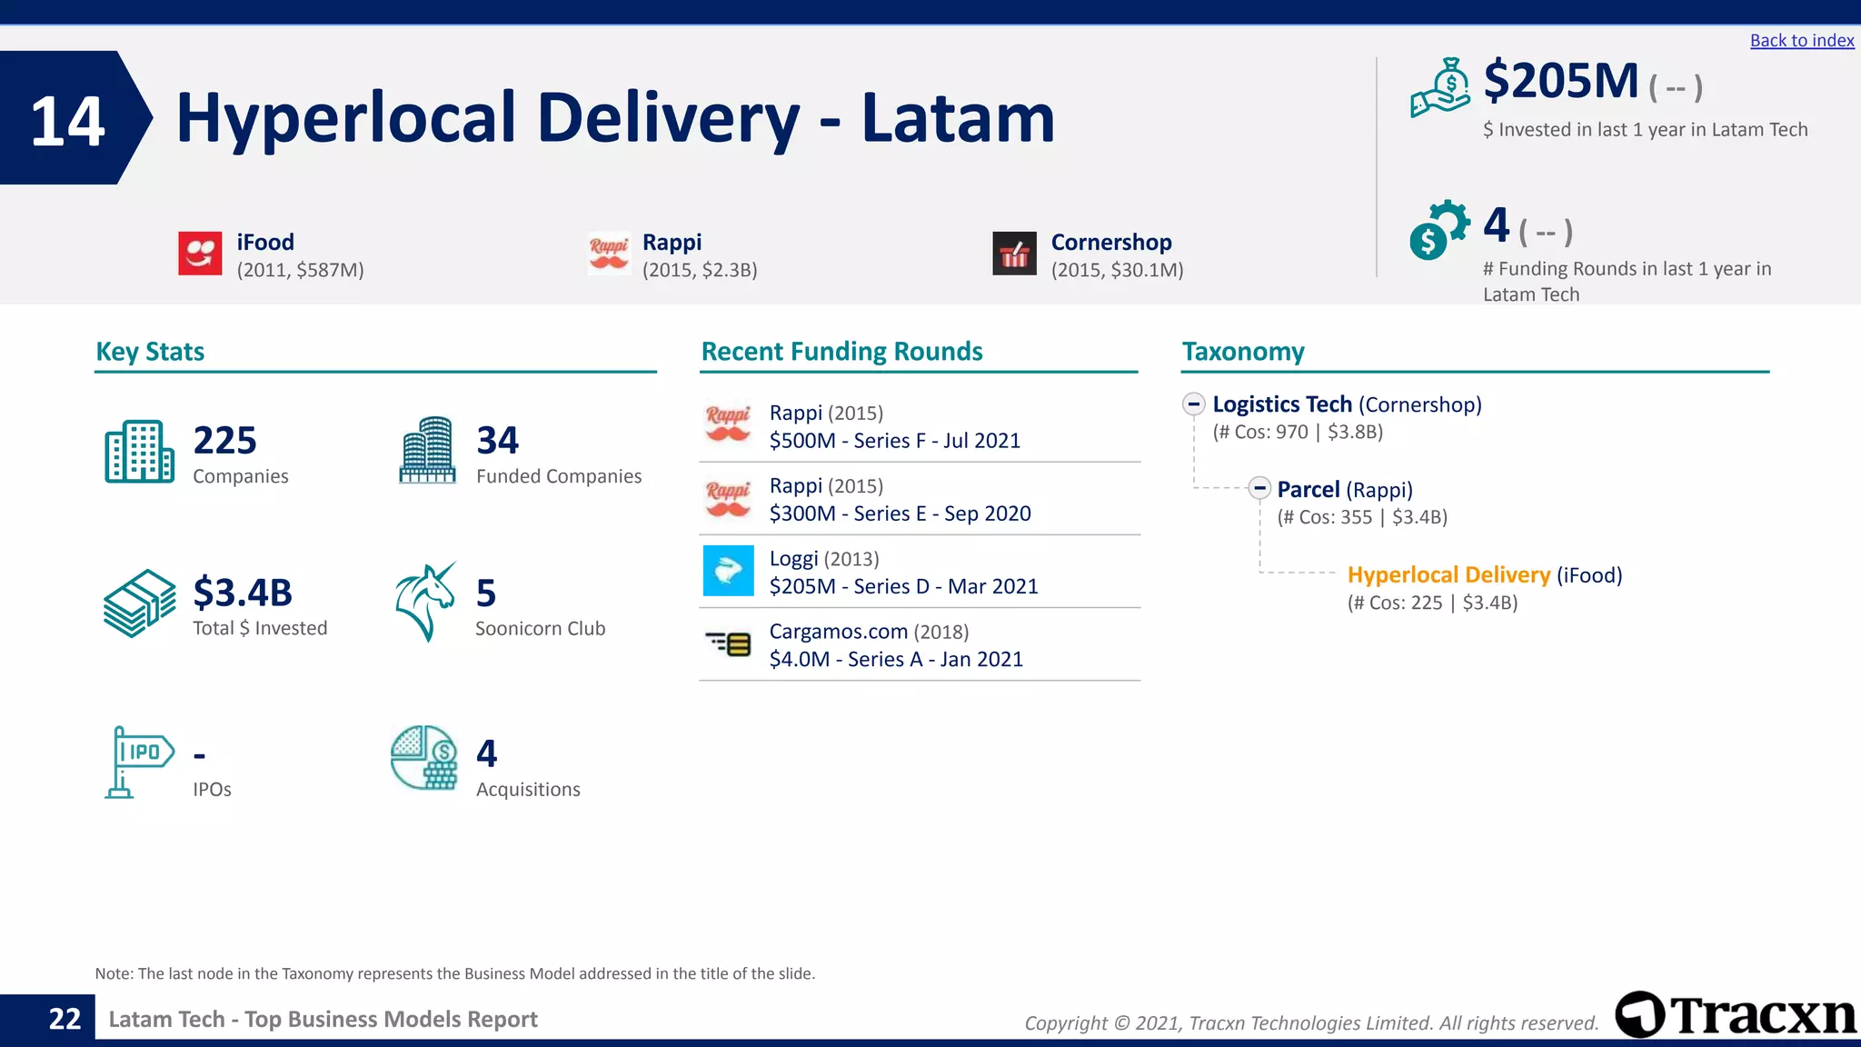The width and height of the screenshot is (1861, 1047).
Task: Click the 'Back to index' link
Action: tap(1801, 41)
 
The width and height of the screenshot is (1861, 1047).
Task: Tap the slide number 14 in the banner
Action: tap(67, 121)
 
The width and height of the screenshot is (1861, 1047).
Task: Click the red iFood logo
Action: tap(200, 253)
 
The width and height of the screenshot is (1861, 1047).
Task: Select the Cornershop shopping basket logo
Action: tap(1014, 254)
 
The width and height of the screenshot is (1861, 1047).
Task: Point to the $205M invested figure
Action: tap(1560, 81)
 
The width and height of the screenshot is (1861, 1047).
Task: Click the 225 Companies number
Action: tap(224, 441)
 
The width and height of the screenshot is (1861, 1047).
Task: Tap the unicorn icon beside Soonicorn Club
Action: tap(425, 602)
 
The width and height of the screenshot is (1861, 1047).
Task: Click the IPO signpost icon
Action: tap(137, 762)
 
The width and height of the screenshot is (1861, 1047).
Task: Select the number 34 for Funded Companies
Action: tap(497, 441)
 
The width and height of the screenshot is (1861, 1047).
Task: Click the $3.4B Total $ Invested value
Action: tap(243, 593)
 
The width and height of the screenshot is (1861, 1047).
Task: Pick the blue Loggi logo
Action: tap(728, 571)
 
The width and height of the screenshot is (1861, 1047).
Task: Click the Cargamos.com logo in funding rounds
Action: tap(728, 644)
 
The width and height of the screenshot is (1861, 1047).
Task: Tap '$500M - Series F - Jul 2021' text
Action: tap(894, 441)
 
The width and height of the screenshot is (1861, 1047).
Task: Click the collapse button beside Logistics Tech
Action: tap(1194, 404)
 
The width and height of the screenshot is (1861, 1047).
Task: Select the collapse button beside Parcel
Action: tap(1259, 489)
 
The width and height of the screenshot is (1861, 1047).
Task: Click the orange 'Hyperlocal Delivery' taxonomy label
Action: tap(1448, 575)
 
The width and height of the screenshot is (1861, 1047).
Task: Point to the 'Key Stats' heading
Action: tap(150, 352)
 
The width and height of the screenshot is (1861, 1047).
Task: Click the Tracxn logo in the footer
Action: tap(1736, 1015)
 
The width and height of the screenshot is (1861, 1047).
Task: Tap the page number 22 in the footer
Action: tap(65, 1020)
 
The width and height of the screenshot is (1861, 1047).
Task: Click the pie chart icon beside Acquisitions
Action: tap(424, 758)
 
